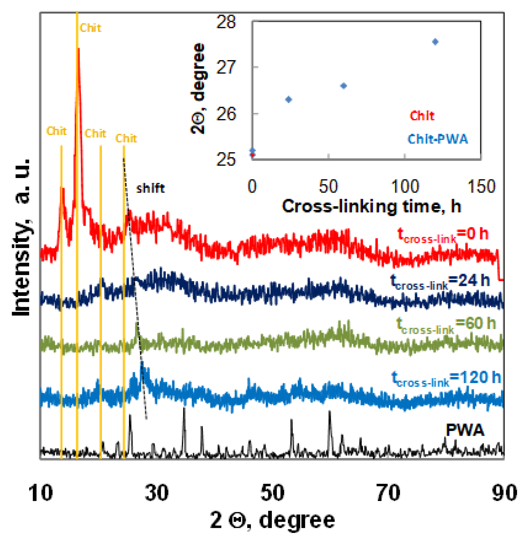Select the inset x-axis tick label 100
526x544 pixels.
click(x=405, y=186)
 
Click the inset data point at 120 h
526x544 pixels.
click(x=435, y=42)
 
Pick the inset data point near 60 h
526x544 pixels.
click(x=344, y=86)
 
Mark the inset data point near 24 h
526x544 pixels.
click(x=289, y=100)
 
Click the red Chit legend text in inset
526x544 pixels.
click(x=422, y=116)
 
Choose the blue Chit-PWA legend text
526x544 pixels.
click(x=438, y=139)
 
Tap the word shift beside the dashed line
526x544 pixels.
click(x=150, y=189)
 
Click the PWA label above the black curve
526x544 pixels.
click(x=465, y=430)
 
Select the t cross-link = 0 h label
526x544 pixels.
click(x=443, y=235)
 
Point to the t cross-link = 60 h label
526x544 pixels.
click(x=446, y=325)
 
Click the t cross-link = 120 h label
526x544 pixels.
click(x=446, y=378)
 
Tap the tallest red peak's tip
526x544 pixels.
click(x=78, y=49)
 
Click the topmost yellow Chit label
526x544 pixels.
click(x=90, y=28)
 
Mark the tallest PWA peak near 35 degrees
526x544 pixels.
click(x=184, y=408)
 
